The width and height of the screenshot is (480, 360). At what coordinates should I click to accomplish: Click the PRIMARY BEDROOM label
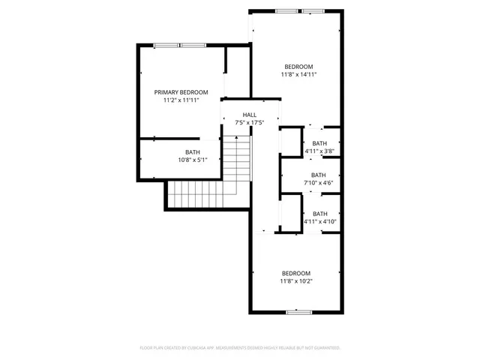(181, 91)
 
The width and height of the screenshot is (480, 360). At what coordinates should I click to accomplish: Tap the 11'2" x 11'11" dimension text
(181, 100)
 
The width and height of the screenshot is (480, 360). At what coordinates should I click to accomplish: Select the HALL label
(249, 114)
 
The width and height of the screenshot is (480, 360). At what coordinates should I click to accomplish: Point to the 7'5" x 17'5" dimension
(249, 122)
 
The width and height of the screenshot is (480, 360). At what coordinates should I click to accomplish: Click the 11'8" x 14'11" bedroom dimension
(298, 74)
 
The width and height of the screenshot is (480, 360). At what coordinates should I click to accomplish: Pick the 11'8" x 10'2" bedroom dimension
(295, 281)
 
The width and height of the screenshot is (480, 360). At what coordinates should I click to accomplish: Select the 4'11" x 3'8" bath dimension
(319, 151)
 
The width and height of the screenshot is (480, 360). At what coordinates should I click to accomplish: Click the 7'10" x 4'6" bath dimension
(319, 183)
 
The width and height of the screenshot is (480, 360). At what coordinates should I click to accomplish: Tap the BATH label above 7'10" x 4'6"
(319, 175)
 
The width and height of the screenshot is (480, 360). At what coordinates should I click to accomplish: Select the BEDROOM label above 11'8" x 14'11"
(298, 66)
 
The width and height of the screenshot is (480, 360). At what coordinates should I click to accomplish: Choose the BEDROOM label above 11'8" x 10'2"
(295, 273)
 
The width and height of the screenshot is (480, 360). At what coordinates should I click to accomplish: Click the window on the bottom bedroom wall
(298, 311)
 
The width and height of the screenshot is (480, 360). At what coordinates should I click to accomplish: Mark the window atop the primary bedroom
(180, 46)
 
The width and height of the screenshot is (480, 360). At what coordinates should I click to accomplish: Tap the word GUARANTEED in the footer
(325, 348)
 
